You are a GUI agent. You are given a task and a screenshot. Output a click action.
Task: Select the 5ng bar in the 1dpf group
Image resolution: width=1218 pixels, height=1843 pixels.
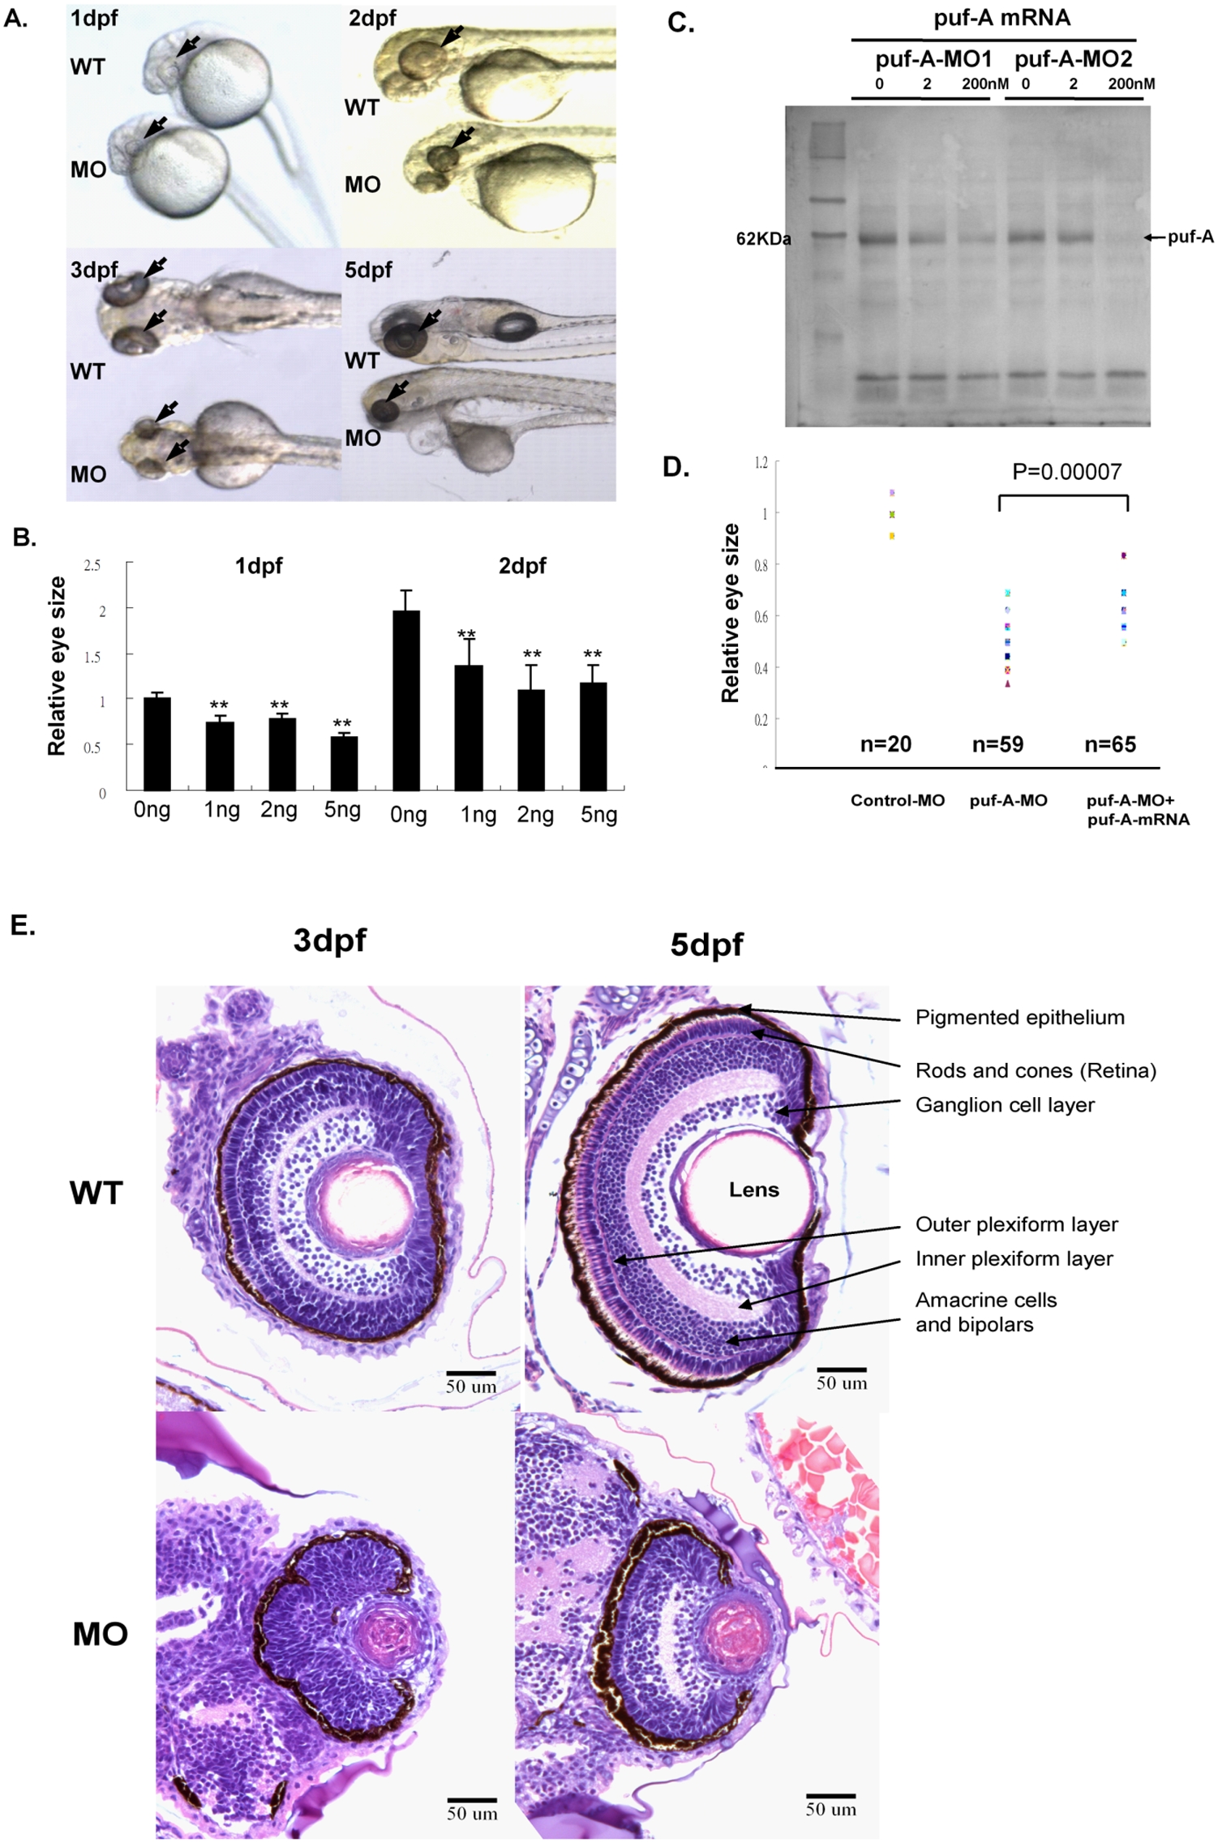tap(344, 762)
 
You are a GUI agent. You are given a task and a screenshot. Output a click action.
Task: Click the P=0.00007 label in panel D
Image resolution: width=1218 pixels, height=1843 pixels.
tap(1066, 472)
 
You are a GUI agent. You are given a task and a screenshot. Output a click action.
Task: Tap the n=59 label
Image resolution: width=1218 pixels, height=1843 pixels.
tap(997, 744)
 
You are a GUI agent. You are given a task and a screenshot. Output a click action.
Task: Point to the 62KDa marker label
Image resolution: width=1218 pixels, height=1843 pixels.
tap(763, 239)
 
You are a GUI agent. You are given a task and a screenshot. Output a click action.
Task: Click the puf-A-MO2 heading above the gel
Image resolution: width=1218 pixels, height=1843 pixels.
tap(1073, 59)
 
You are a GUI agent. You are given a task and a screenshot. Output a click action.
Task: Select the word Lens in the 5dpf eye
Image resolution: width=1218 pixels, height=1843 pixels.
tap(753, 1190)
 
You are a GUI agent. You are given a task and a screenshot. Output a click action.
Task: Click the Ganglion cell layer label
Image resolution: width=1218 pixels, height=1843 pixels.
tap(1005, 1105)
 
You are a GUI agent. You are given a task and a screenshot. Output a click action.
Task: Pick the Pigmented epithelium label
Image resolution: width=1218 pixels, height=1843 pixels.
tap(1019, 1018)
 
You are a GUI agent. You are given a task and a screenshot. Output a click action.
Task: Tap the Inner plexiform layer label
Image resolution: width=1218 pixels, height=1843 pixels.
tap(1014, 1259)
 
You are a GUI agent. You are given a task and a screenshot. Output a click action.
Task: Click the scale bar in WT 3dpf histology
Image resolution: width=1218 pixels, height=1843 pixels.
tap(470, 1373)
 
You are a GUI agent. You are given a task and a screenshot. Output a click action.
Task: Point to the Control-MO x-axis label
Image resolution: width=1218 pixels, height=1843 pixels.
tap(897, 801)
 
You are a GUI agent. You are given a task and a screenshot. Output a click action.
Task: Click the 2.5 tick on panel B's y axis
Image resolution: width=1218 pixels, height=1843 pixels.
tap(92, 565)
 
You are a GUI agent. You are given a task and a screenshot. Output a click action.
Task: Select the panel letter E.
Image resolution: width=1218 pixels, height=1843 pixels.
tap(23, 926)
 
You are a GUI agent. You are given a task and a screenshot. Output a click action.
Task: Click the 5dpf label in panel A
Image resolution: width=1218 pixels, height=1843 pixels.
tap(368, 270)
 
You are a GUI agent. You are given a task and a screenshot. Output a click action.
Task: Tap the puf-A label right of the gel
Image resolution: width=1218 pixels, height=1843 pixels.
tap(1190, 237)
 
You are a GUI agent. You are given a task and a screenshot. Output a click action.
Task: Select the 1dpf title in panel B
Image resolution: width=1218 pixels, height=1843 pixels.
tap(259, 566)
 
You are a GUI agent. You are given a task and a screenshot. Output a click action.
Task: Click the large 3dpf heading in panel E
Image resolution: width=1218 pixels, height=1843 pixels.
tap(329, 941)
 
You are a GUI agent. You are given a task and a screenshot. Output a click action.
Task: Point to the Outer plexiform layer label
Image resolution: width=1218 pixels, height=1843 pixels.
tap(1016, 1224)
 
